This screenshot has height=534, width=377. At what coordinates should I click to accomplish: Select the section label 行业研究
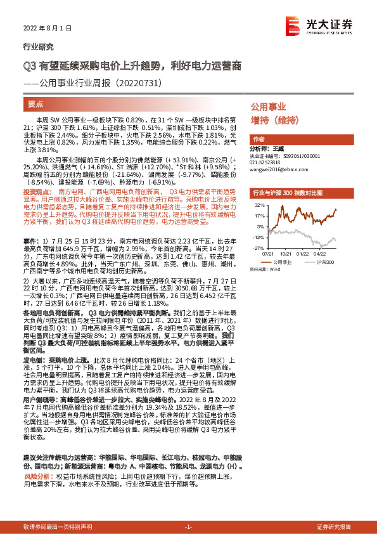tap(39, 47)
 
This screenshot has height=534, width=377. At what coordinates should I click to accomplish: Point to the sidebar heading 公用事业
tap(269, 107)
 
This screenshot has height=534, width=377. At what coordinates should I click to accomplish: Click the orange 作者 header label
tap(258, 139)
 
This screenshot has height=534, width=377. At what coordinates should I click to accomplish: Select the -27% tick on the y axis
tap(260, 238)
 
